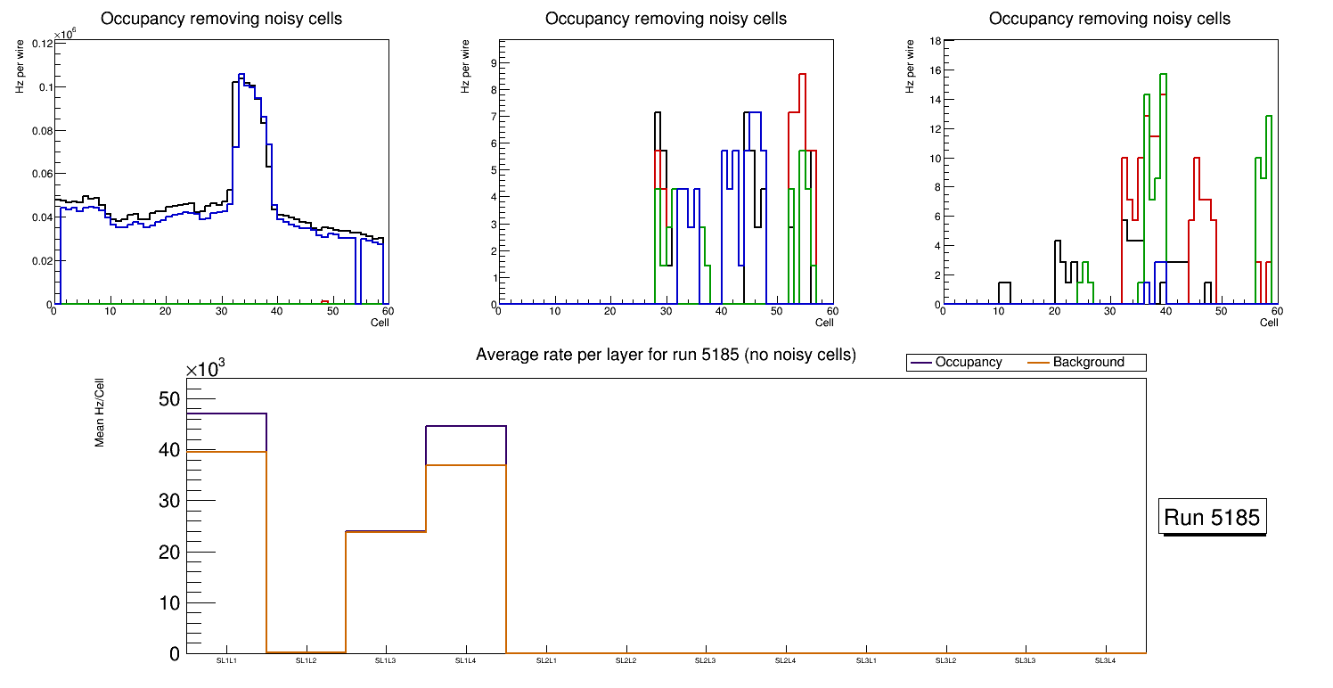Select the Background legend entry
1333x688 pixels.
click(1088, 363)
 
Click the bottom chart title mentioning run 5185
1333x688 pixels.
click(666, 355)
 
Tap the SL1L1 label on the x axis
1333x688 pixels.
click(227, 661)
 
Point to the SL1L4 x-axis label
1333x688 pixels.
click(466, 661)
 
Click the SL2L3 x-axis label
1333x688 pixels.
click(706, 661)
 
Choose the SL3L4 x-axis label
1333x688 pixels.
click(1105, 661)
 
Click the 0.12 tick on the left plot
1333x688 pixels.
click(41, 44)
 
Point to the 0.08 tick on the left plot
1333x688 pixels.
click(41, 130)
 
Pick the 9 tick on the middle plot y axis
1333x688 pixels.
click(489, 62)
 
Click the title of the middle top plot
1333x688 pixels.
click(666, 19)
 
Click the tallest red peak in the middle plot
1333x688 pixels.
click(803, 74)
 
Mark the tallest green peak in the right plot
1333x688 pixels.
click(1163, 74)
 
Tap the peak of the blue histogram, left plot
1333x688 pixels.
click(241, 74)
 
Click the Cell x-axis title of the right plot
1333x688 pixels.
click(1269, 322)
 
